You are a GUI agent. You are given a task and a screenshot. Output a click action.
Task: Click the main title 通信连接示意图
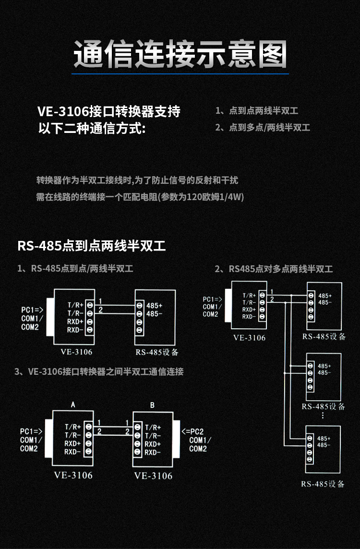tap(180, 54)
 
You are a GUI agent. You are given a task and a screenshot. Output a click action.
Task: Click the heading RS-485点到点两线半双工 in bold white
tap(91, 246)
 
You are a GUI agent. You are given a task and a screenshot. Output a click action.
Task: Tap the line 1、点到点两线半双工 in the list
tap(257, 111)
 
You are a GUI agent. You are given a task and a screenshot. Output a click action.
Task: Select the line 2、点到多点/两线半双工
tap(263, 128)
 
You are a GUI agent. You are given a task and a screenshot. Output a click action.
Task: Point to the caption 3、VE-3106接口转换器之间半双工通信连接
tap(99, 372)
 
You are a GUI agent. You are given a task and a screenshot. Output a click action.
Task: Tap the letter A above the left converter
tap(73, 405)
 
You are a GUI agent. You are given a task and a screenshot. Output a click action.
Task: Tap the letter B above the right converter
tap(152, 405)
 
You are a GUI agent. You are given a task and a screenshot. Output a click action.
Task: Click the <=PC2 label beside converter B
tap(192, 431)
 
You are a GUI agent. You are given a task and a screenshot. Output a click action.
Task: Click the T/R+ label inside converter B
tap(153, 427)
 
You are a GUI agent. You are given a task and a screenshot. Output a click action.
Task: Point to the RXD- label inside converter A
tap(73, 452)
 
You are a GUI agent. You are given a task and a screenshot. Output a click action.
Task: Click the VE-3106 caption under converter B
tap(153, 476)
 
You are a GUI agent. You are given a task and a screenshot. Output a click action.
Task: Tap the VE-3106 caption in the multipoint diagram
tap(249, 337)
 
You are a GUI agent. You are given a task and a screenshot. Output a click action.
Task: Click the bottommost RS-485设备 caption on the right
tap(323, 484)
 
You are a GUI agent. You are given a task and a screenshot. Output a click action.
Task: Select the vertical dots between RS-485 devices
tap(323, 416)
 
